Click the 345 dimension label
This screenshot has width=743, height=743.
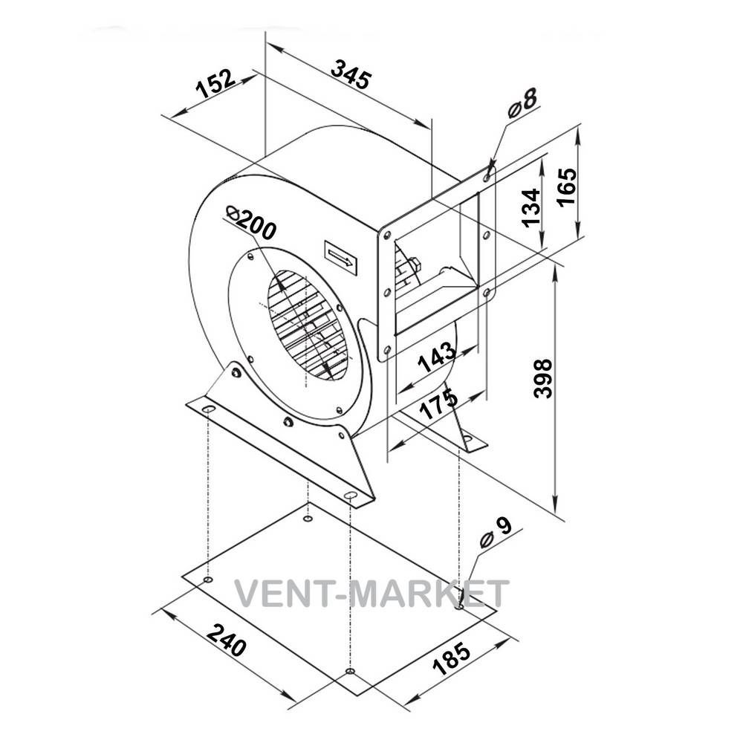tap(351, 74)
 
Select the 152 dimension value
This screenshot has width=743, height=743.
tap(215, 83)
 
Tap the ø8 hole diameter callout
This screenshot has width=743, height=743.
tap(522, 103)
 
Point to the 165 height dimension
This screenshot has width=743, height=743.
tap(567, 186)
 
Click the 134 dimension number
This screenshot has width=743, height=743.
tap(531, 207)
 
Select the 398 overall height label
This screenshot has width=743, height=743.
tap(543, 378)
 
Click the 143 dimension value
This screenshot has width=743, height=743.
tap(436, 357)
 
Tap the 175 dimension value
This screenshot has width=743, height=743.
tap(439, 403)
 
